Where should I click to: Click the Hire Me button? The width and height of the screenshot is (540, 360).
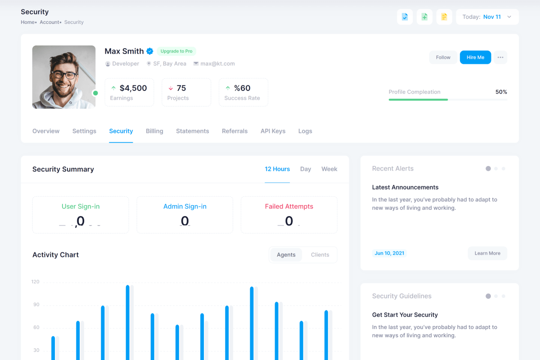[x=475, y=57]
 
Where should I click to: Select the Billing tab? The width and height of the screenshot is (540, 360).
[x=154, y=131]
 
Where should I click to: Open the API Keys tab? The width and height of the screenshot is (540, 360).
[x=273, y=131]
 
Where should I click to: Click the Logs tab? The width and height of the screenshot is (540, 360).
[x=305, y=131]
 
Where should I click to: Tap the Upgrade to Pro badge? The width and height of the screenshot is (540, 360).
[x=176, y=51]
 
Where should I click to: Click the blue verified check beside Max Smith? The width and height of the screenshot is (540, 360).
[x=150, y=51]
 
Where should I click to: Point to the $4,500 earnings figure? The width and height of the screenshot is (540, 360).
[x=133, y=88]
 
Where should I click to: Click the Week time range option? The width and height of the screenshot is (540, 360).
[x=329, y=169]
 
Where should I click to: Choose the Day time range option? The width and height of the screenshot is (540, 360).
[x=306, y=169]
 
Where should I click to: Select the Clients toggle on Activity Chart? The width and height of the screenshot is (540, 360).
[x=320, y=255]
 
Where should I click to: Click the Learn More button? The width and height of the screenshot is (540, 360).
[x=487, y=253]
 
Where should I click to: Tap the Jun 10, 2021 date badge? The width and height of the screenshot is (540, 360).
[x=389, y=253]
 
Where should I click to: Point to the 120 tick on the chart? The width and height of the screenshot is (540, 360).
[x=36, y=282]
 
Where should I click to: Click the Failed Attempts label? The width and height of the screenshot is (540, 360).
[x=289, y=207]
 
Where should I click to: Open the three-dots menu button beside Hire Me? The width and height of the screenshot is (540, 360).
[x=500, y=57]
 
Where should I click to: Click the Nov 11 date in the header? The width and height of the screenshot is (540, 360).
[x=492, y=17]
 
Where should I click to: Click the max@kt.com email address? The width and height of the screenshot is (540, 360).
[x=218, y=64]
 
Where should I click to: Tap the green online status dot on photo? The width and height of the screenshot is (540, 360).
[x=95, y=93]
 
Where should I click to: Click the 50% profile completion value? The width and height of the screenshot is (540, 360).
[x=501, y=92]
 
